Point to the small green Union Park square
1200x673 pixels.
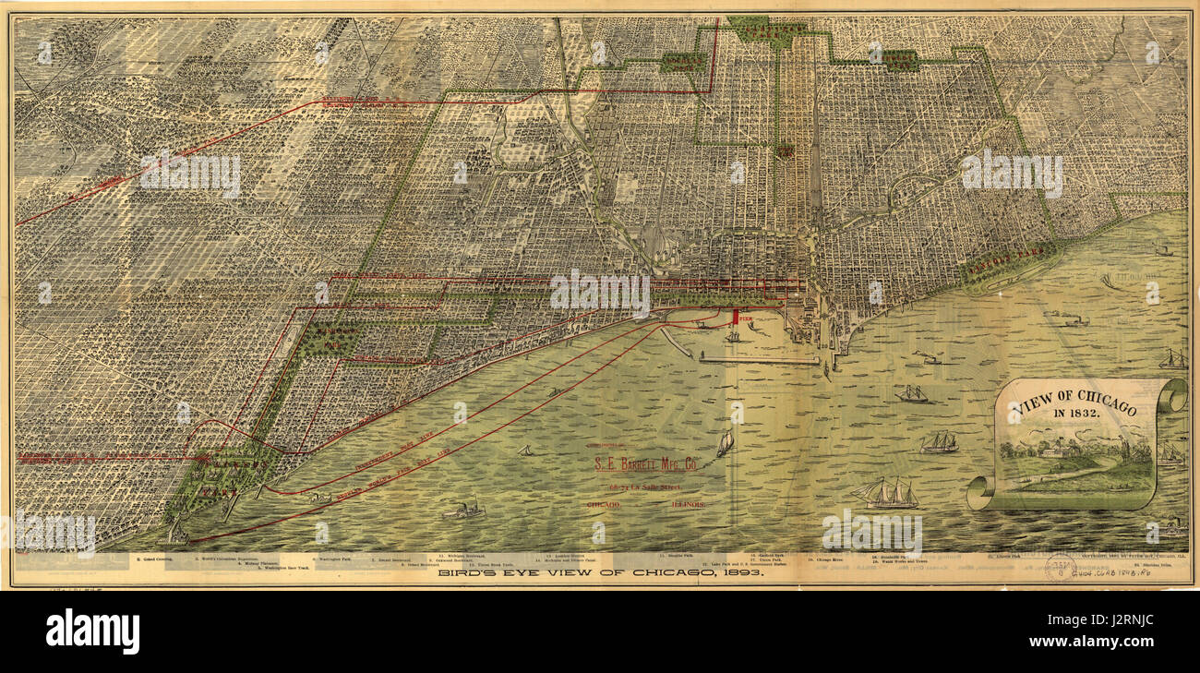(x=786, y=150)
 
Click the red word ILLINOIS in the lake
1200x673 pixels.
(x=689, y=505)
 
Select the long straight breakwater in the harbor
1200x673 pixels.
(x=757, y=360)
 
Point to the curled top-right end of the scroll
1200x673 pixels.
(x=1172, y=394)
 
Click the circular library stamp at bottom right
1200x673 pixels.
(x=1061, y=567)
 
